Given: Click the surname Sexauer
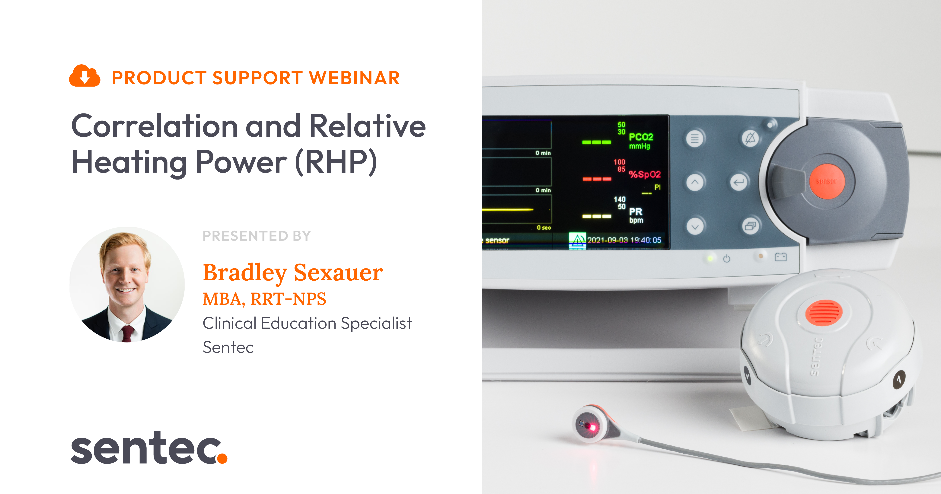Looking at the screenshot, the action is pyautogui.click(x=338, y=272).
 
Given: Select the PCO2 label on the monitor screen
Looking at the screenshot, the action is pyautogui.click(x=641, y=137).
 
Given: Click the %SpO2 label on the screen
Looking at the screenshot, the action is pyautogui.click(x=644, y=174).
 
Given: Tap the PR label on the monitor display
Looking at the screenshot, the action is pyautogui.click(x=636, y=212).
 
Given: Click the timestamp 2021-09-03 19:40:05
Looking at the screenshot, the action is pyautogui.click(x=624, y=240).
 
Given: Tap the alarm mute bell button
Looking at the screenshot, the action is pyautogui.click(x=750, y=139).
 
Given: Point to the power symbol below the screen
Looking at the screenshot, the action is pyautogui.click(x=727, y=258).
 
